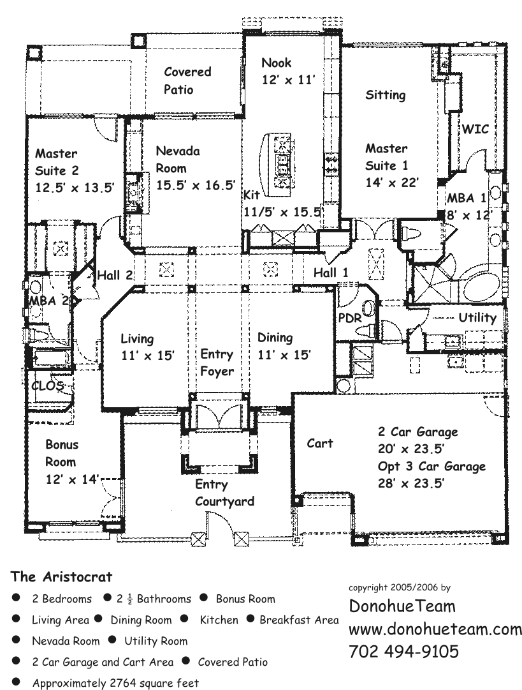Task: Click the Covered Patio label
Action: [187, 80]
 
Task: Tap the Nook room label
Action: [277, 63]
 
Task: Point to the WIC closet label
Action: [475, 129]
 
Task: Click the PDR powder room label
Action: [349, 317]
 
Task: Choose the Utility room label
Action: [477, 317]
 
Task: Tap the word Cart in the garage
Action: [319, 443]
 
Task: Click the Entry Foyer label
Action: [217, 363]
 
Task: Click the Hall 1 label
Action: [331, 273]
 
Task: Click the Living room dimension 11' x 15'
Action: [148, 356]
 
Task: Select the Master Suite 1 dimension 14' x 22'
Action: [391, 183]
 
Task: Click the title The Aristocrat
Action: [61, 577]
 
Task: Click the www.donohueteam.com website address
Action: [435, 629]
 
